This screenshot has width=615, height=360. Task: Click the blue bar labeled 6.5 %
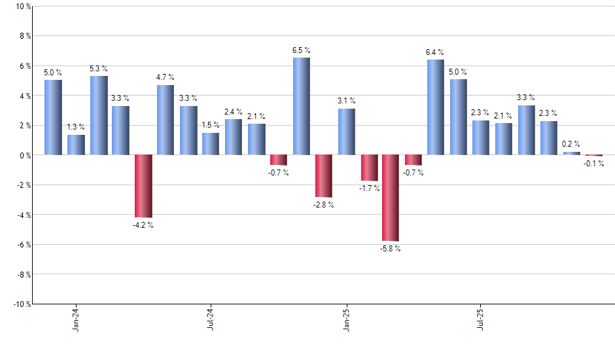point(301,106)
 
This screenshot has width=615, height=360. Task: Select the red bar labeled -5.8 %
point(391,198)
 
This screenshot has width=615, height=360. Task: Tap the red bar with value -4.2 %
point(143,186)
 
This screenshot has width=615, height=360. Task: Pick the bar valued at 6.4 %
point(436,107)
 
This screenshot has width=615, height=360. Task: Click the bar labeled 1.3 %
point(76,145)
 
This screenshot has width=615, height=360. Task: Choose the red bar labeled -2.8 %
point(323,176)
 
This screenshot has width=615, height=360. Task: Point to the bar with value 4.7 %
point(166,120)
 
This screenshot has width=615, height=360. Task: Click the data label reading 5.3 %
point(99,69)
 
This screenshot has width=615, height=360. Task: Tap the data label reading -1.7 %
point(369,189)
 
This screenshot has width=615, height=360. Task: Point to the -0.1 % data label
point(594,164)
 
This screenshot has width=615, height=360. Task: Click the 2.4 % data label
point(234,112)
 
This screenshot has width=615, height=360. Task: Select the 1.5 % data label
point(211,125)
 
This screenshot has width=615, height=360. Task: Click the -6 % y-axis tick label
point(22,245)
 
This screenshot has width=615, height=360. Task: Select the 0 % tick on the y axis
point(24,155)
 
